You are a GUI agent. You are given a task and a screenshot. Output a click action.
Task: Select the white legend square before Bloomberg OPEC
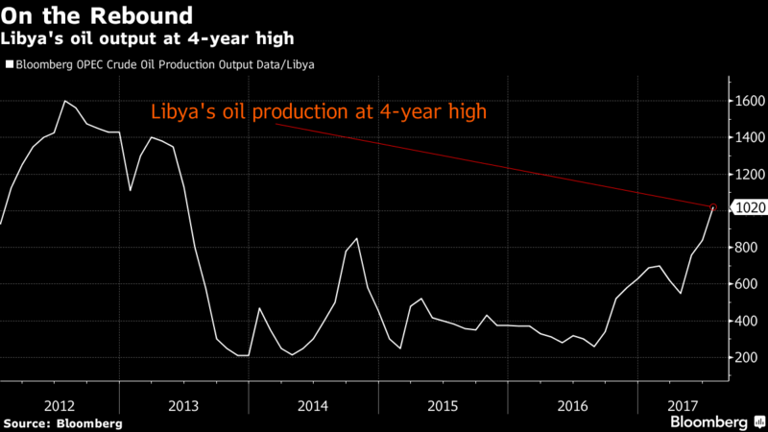9,64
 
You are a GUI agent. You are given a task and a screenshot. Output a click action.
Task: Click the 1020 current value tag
748,207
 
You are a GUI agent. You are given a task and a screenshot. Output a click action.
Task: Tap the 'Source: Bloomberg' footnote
62,422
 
